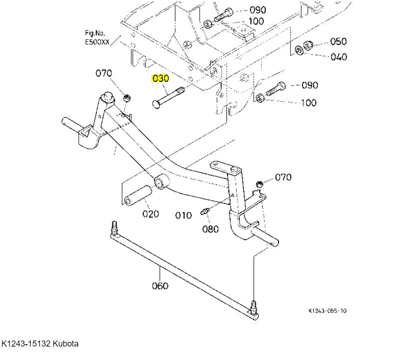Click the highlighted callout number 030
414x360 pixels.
pos(161,79)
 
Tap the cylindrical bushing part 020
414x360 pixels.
pos(137,196)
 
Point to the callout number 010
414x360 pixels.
pos(183,216)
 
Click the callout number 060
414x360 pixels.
pos(160,286)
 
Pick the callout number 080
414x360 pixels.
pos(210,229)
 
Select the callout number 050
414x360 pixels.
pos(338,41)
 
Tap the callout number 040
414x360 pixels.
pos(338,57)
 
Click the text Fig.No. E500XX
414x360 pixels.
pos(97,37)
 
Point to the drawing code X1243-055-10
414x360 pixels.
pos(327,311)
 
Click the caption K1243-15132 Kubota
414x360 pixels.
pos(40,344)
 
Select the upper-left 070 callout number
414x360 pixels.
pos(104,73)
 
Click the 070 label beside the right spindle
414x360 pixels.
pos(283,177)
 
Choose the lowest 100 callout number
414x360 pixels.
pos(309,103)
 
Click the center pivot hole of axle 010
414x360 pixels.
pos(161,181)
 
